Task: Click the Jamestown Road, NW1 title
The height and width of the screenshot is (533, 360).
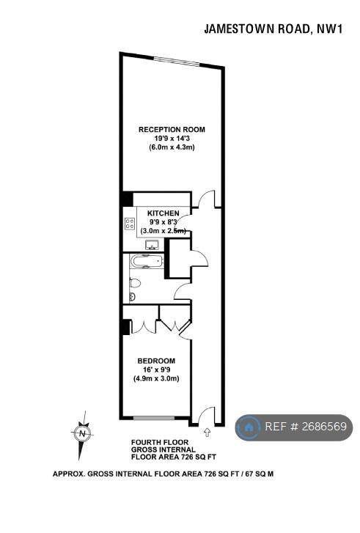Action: [273, 29]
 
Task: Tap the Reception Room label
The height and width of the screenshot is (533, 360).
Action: [172, 130]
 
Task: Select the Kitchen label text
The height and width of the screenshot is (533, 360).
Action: [164, 213]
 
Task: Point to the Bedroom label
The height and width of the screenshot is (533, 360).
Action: [156, 361]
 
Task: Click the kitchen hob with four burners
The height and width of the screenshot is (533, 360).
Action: [130, 224]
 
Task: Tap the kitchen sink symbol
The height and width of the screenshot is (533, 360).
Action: [153, 245]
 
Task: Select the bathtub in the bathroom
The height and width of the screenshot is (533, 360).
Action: [147, 262]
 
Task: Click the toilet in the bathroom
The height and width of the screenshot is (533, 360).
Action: [135, 282]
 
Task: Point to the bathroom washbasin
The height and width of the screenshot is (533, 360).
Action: [132, 297]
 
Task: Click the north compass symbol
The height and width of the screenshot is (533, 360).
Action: [82, 434]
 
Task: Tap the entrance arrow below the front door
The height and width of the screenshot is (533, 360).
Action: [207, 433]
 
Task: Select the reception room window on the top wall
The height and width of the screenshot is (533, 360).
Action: [177, 61]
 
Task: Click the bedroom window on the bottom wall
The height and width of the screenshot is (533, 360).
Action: [154, 417]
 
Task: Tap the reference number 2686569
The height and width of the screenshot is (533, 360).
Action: [324, 426]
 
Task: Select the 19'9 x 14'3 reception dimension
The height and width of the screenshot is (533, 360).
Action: [172, 139]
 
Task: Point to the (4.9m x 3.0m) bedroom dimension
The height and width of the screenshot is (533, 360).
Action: [156, 378]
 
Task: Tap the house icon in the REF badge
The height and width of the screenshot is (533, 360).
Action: [249, 427]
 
